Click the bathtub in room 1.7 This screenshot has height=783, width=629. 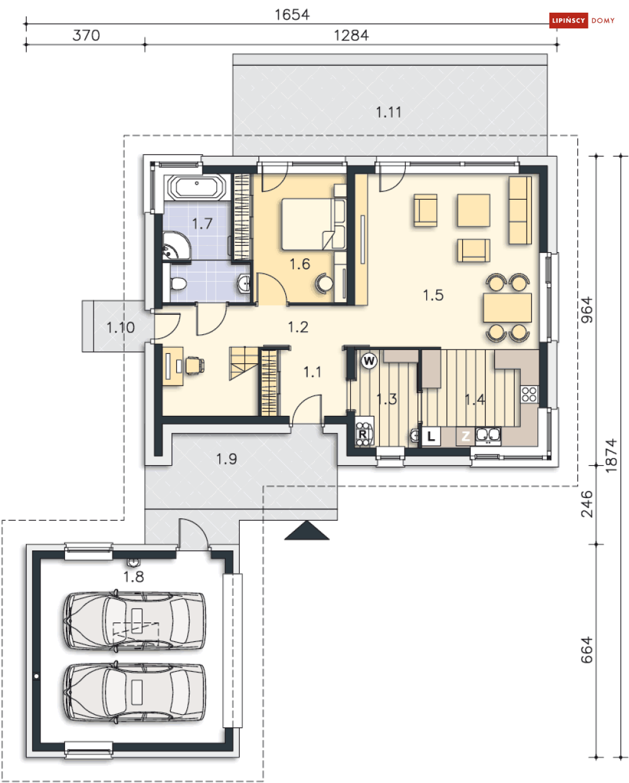point(197,188)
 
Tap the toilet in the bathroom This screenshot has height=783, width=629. point(178,283)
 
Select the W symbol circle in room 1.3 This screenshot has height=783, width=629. point(369,361)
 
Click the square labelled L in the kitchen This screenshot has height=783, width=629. point(431,436)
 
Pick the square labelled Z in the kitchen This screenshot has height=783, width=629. point(465,436)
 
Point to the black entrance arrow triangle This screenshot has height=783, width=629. point(307,530)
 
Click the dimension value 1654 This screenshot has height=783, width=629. point(292,15)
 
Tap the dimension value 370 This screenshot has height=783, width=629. point(86,35)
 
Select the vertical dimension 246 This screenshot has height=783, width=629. point(587,504)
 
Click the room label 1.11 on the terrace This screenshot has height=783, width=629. point(388,112)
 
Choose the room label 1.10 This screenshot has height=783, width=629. point(121,327)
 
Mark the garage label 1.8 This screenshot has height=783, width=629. point(133,577)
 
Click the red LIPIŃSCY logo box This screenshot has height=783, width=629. point(568,20)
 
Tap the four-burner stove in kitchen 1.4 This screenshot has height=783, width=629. point(529,394)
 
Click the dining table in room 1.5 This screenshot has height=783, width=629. point(508,308)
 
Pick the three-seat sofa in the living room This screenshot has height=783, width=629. point(520,210)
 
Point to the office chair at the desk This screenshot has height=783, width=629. point(195,365)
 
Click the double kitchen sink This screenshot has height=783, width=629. point(488,435)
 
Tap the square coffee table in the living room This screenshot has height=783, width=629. point(473,210)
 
